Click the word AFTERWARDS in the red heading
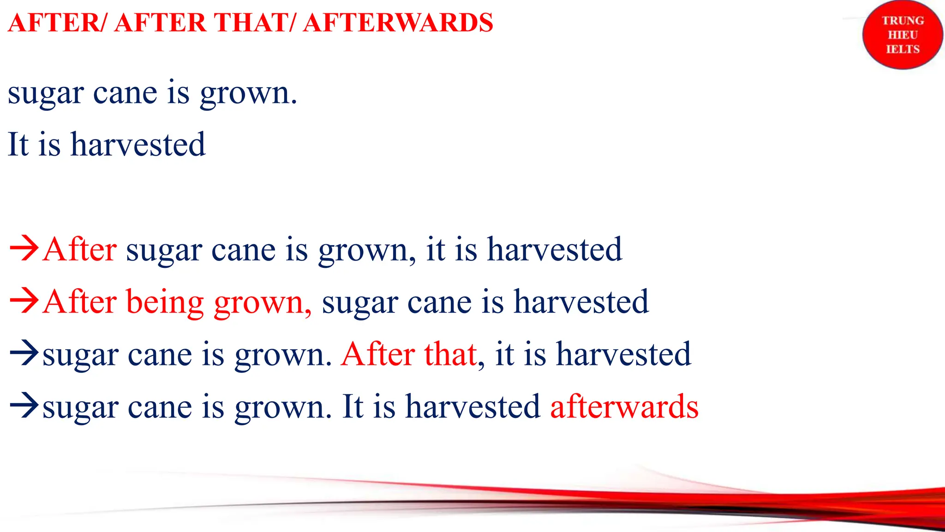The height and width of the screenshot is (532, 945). click(398, 23)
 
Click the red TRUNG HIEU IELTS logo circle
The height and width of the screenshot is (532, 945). click(903, 35)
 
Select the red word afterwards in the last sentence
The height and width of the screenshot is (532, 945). click(624, 407)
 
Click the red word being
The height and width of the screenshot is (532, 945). click(165, 302)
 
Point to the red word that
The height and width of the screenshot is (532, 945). click(450, 355)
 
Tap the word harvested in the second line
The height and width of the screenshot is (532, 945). click(138, 144)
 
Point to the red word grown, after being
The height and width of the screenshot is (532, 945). click(263, 302)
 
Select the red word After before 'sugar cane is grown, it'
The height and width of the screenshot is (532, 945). click(79, 250)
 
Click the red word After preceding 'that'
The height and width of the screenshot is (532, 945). click(378, 355)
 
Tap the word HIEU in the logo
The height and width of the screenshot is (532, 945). click(903, 35)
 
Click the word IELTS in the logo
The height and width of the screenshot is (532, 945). click(903, 49)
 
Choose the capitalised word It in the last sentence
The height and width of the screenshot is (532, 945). click(353, 407)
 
